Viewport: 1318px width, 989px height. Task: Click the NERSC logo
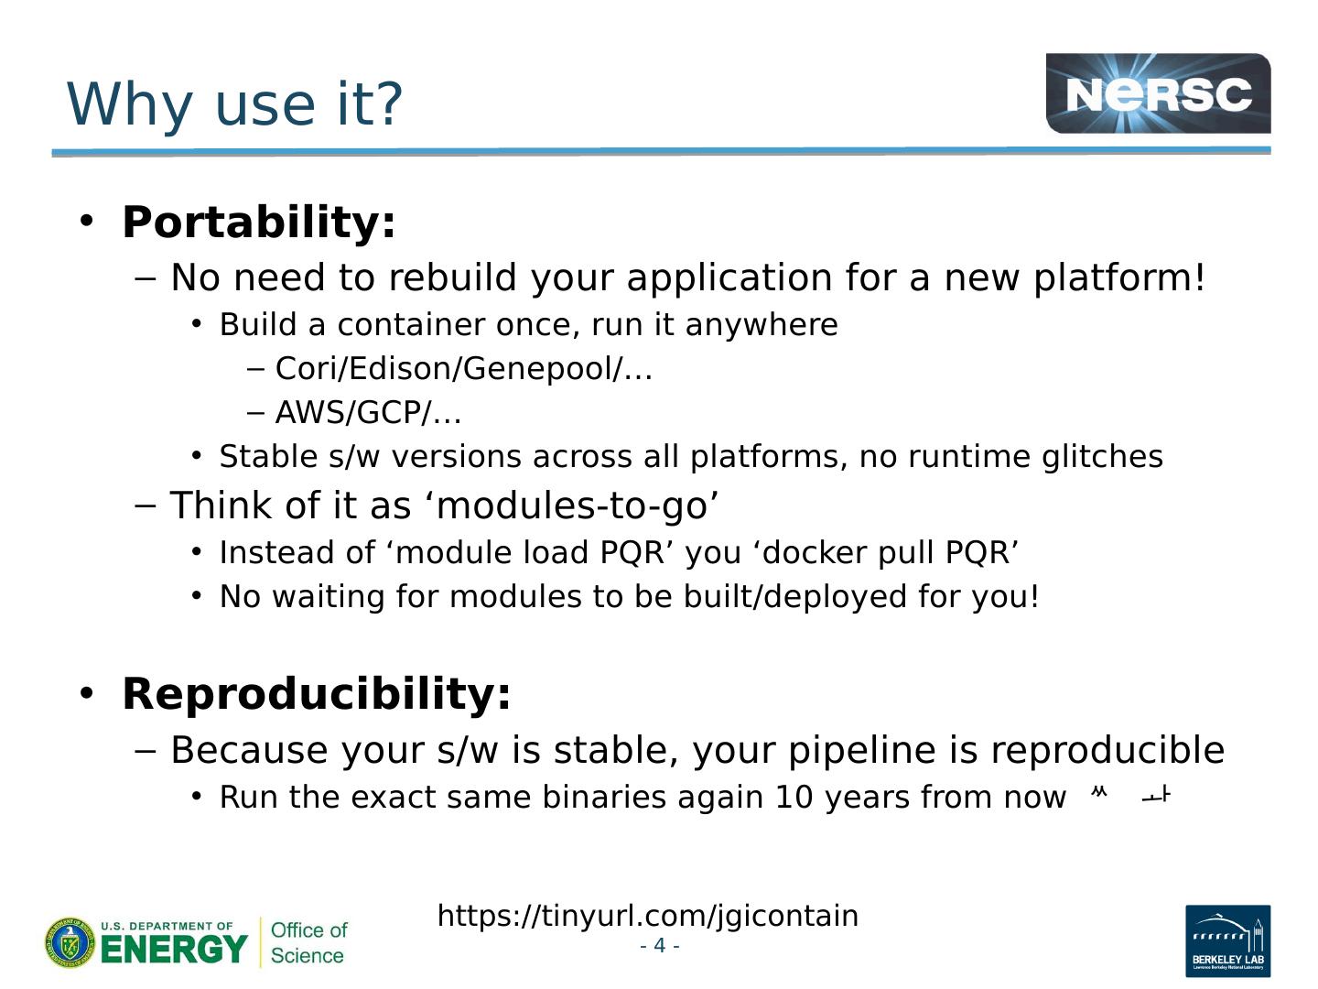tap(1158, 93)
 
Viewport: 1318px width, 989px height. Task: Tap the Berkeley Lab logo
tap(1228, 940)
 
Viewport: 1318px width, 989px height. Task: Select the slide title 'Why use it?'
tap(234, 103)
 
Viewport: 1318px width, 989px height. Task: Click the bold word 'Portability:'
tap(259, 223)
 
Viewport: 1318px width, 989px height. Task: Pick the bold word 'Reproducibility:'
tap(317, 694)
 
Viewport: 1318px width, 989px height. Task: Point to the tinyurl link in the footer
tap(648, 916)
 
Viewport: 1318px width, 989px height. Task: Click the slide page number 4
tap(659, 945)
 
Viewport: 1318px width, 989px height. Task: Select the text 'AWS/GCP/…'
tap(368, 412)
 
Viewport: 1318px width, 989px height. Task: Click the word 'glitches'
tap(1102, 456)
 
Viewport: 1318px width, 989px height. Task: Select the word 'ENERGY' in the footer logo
tap(174, 950)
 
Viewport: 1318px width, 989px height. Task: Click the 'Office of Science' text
tap(308, 943)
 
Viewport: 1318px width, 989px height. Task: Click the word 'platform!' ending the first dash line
tap(1118, 278)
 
